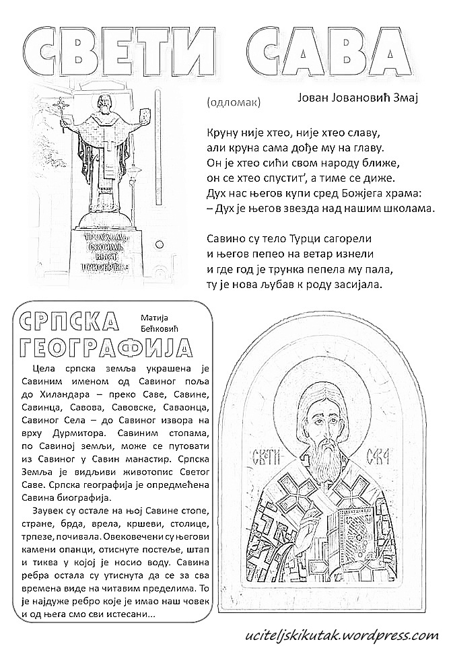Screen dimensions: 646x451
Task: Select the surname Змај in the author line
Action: click(x=405, y=98)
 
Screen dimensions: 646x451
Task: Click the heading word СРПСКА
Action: click(x=67, y=322)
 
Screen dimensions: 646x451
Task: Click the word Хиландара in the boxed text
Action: click(x=57, y=394)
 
